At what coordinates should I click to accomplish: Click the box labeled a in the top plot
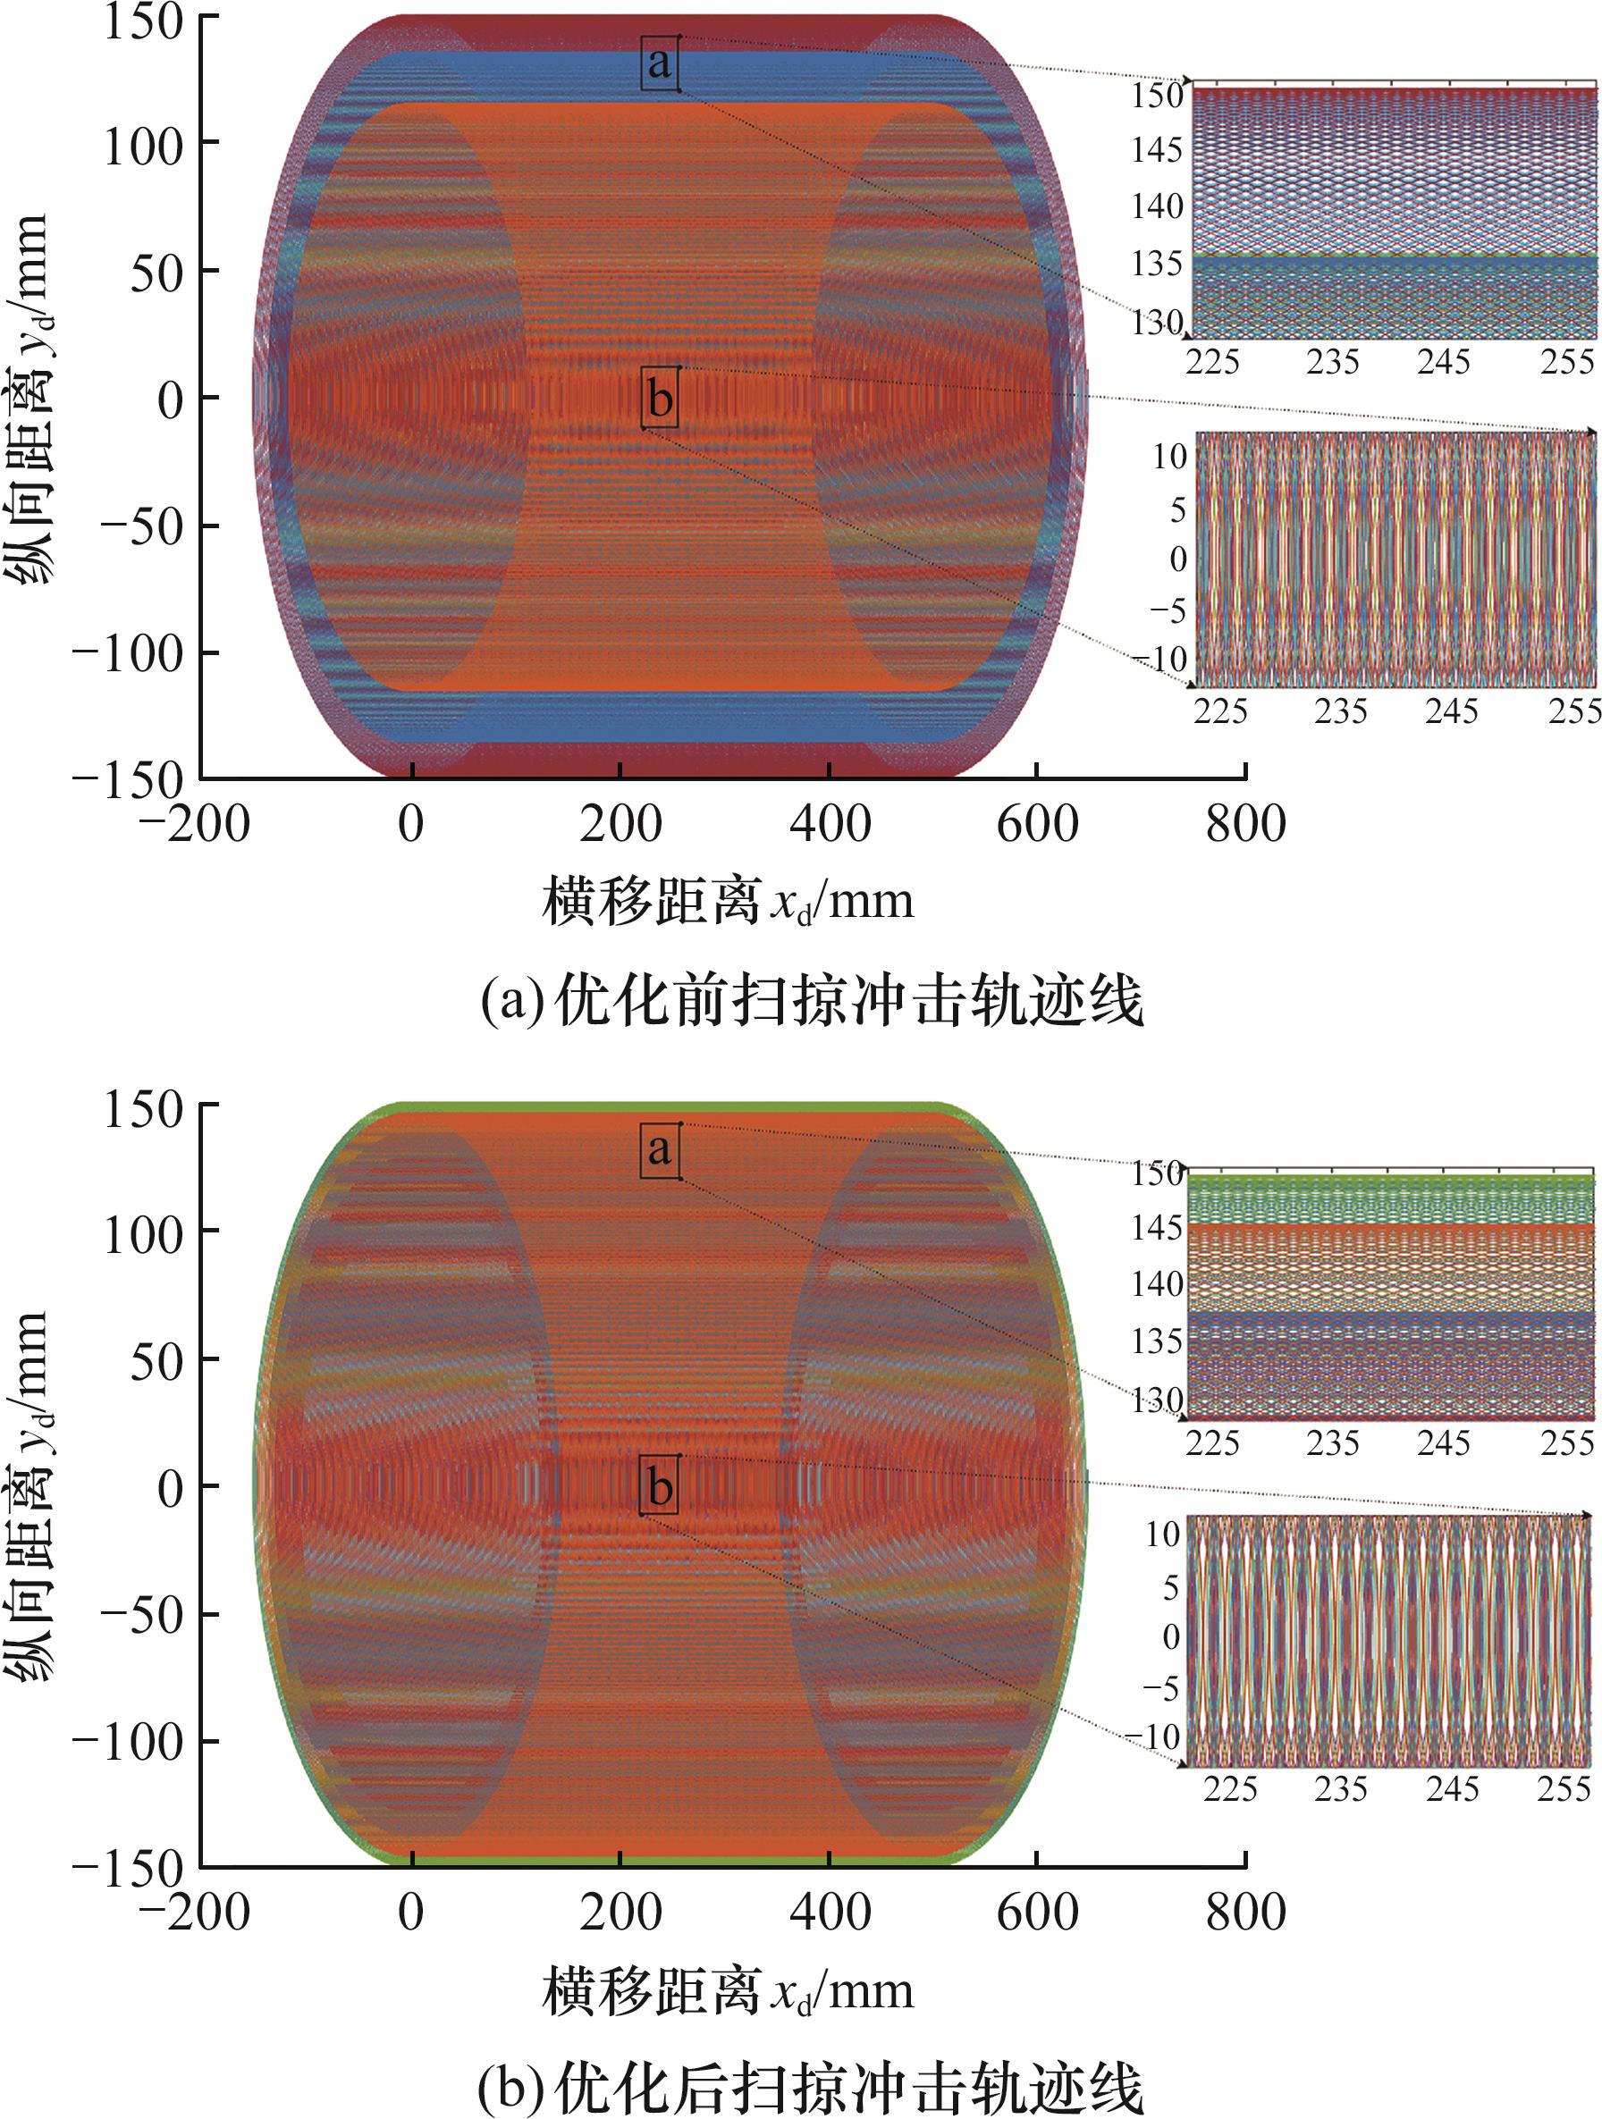point(659,63)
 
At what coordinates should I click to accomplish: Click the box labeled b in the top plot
point(660,399)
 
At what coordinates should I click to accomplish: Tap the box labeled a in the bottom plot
point(659,1149)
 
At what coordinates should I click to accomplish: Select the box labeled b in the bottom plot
point(660,1488)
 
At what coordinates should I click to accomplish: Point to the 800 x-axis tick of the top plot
point(1244,824)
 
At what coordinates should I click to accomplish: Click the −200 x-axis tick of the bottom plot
point(196,1912)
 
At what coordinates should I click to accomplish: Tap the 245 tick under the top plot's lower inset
point(1451,711)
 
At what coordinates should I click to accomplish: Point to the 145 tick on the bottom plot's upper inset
point(1158,1227)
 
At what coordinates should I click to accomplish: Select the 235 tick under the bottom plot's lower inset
point(1339,1788)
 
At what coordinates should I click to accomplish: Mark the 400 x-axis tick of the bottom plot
point(830,1912)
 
